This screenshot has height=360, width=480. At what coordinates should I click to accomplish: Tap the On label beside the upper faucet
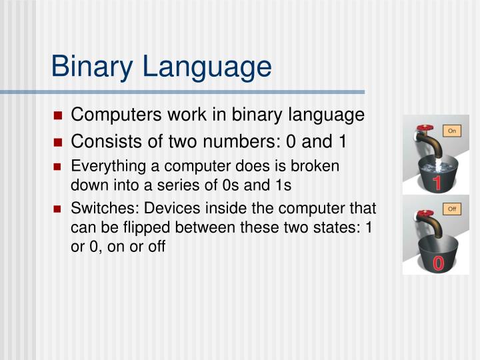point(452,131)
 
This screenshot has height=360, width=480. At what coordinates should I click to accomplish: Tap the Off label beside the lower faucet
point(452,209)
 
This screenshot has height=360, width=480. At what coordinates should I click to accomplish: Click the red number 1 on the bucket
point(437,184)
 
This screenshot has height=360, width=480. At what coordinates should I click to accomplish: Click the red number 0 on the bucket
point(438,263)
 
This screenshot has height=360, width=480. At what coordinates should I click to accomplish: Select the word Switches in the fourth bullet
point(99,209)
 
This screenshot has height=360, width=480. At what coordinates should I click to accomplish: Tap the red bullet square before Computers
point(58,116)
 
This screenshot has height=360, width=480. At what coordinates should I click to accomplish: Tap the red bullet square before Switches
point(58,209)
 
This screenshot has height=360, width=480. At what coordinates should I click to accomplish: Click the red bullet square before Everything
point(58,166)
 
